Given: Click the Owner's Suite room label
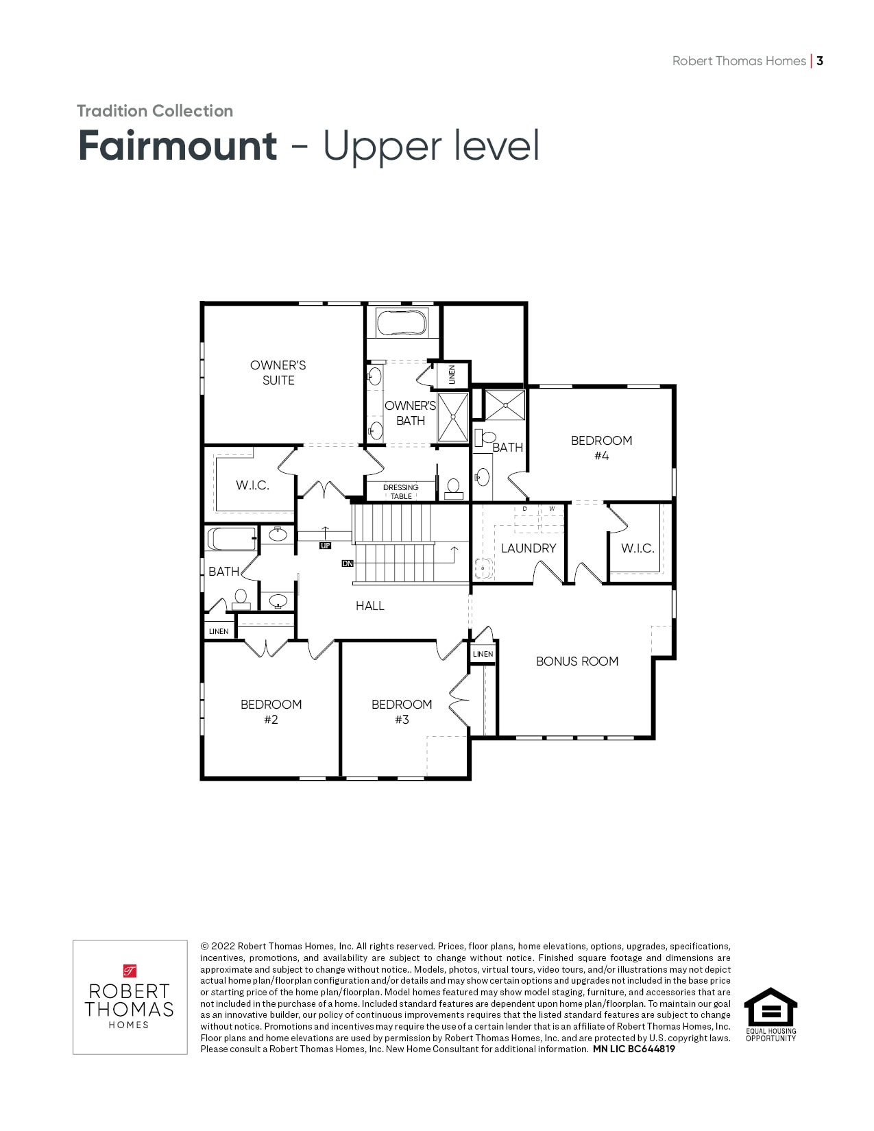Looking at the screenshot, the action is (278, 373).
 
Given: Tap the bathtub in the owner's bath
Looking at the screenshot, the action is (401, 323).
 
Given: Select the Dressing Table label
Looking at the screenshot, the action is (401, 491).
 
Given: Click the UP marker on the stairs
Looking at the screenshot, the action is (326, 546).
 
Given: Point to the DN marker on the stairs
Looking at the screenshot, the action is (348, 563).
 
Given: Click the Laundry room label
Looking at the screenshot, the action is (529, 548).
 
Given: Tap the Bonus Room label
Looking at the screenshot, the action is (577, 661).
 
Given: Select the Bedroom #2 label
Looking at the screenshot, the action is (271, 712).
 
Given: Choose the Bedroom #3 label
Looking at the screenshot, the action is (402, 712).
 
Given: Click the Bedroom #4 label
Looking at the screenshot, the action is (602, 448).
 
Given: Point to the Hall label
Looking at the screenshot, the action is (370, 606).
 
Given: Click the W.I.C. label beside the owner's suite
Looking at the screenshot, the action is (252, 485).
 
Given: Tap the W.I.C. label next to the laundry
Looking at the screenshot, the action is (638, 548).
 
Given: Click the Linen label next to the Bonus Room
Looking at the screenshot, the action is (483, 654).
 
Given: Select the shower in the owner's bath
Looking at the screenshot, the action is (453, 417).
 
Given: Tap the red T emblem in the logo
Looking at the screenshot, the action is (130, 971).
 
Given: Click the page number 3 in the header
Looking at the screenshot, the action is (820, 61).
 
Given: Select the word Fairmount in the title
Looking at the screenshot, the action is (178, 145).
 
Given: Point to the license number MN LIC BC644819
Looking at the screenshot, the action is (634, 1049).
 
